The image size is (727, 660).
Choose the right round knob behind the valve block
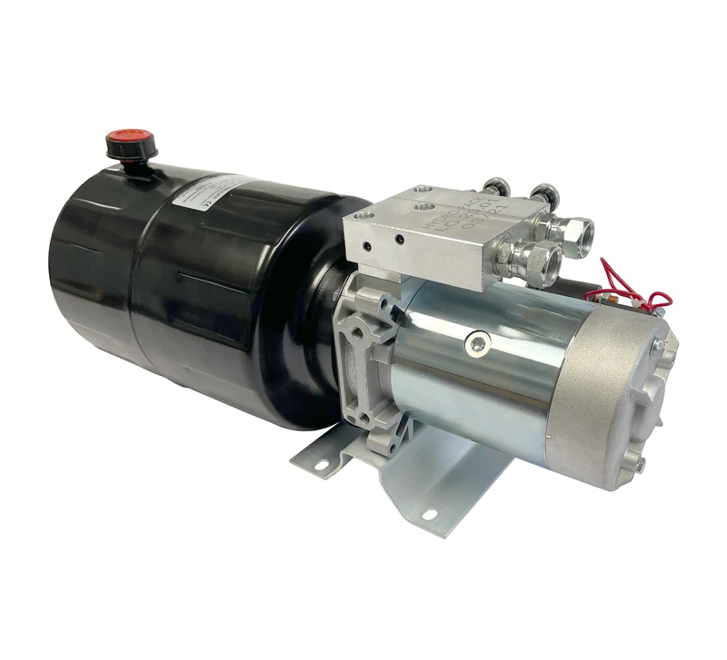543,192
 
